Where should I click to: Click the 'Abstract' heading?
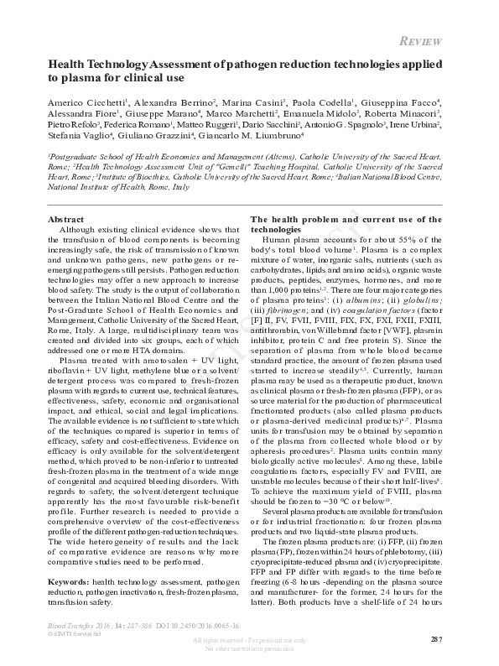point(66,219)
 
